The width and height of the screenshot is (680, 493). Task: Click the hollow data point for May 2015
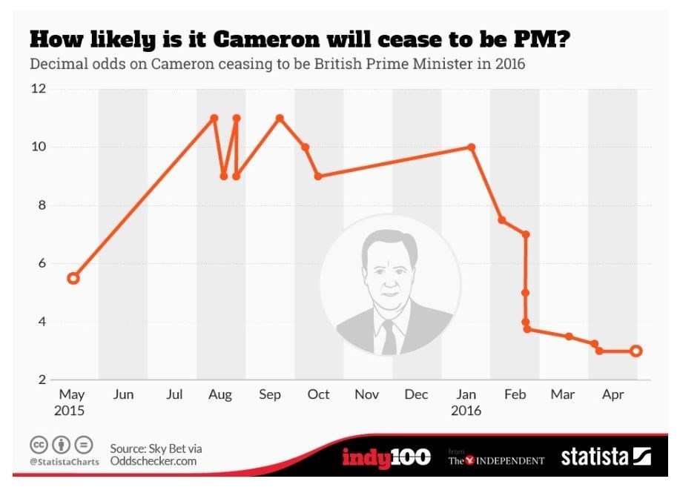[73, 278]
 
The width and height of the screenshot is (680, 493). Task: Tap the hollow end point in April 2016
[636, 351]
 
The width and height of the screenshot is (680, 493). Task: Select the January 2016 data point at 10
[471, 147]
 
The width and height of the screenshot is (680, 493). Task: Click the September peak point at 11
[280, 118]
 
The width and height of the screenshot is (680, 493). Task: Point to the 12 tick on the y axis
[37, 89]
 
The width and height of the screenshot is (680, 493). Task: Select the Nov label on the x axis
[366, 395]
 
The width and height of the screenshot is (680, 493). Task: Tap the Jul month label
[174, 395]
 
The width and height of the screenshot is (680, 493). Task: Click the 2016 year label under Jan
[466, 411]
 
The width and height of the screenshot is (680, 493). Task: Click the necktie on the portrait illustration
[389, 337]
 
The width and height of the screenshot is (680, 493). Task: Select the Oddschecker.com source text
[154, 461]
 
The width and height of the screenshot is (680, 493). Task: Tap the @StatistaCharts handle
[65, 462]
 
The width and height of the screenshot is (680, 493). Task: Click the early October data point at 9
[318, 176]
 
